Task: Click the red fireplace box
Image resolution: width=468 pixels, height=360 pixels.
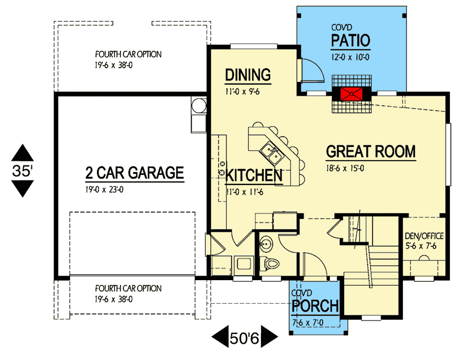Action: coord(352,94)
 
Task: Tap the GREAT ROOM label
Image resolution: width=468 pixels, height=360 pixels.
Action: coord(371,151)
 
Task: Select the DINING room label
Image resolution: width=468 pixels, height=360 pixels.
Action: coord(248,75)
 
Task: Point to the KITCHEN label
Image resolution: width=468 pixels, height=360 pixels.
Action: coord(254,175)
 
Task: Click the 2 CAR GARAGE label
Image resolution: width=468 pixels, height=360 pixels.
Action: coord(134,173)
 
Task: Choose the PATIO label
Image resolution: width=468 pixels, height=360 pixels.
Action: coord(351,40)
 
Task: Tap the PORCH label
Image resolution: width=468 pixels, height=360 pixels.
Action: coord(315,306)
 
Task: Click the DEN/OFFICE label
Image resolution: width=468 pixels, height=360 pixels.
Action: coord(424,236)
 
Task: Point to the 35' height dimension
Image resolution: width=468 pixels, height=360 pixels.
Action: coord(23,171)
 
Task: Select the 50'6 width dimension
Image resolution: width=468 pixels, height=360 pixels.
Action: coord(244,338)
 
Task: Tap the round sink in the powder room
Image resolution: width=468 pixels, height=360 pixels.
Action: coord(265,244)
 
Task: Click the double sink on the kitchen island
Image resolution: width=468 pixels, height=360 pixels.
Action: coord(271,153)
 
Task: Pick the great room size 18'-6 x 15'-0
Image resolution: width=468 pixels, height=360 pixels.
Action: coord(345,168)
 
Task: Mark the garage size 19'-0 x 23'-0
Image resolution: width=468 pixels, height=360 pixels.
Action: coord(105,189)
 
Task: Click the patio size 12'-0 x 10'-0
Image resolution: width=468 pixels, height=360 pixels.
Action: coord(350,57)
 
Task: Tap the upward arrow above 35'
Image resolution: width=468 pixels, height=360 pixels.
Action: coord(23,153)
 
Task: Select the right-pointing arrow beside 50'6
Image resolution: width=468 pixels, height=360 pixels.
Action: coord(269,336)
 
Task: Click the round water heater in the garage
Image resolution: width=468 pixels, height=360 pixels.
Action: coord(199,106)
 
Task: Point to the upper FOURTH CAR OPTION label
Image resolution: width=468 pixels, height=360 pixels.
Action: coord(128,54)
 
